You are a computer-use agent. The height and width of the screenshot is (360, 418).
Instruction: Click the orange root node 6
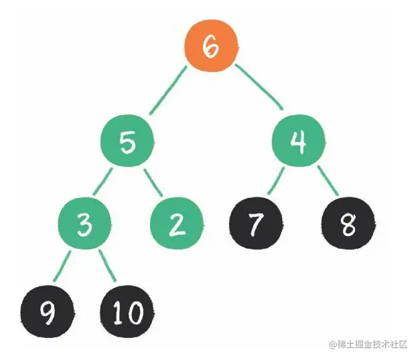(x=211, y=46)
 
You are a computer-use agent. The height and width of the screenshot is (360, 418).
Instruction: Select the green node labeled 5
(x=127, y=141)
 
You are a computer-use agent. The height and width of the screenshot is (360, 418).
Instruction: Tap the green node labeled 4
(x=299, y=141)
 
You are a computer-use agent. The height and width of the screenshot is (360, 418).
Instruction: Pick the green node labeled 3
(x=84, y=223)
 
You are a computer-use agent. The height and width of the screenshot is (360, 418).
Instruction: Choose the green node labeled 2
(x=177, y=223)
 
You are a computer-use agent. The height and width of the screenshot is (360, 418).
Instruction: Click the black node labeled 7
(x=256, y=223)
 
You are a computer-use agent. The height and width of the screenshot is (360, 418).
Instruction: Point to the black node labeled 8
(x=348, y=223)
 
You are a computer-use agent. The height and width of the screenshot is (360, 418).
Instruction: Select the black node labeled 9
(x=47, y=312)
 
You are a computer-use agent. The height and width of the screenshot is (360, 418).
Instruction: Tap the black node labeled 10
(x=127, y=312)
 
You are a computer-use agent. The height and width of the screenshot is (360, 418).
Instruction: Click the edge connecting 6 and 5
(x=169, y=90)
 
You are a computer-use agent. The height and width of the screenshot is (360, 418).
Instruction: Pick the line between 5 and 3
(x=102, y=182)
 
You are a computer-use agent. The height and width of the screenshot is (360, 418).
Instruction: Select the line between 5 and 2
(x=153, y=183)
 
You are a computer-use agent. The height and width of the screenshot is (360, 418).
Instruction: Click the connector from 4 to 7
(x=275, y=181)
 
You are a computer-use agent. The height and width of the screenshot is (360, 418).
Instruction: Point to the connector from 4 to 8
(x=328, y=181)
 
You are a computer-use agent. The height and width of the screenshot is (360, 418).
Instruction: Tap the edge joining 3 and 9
(x=62, y=266)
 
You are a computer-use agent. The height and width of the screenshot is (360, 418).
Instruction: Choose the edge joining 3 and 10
(x=107, y=266)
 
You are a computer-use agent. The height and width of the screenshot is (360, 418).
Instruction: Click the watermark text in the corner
(x=368, y=345)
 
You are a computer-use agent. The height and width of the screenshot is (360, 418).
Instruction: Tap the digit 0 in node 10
(x=135, y=312)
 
